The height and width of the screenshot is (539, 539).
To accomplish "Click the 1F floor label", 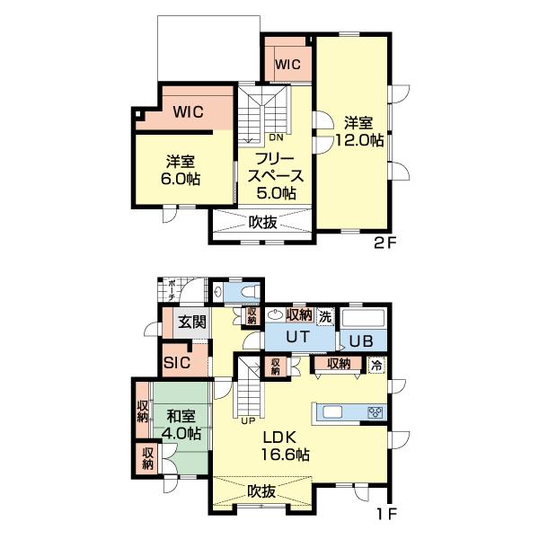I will [x=384, y=515].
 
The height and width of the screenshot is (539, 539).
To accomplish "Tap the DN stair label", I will [x=276, y=138].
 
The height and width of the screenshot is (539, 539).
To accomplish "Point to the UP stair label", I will [x=248, y=420].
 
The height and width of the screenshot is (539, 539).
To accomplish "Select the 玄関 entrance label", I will [x=190, y=323].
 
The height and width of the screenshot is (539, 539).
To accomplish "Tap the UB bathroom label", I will [x=361, y=340].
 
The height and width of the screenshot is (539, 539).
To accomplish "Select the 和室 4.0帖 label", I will [x=181, y=425].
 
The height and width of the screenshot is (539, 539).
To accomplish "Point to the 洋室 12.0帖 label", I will [x=358, y=132].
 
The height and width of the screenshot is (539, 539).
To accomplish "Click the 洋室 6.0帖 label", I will [x=181, y=170].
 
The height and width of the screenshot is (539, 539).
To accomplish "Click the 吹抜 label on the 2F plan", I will [x=262, y=222].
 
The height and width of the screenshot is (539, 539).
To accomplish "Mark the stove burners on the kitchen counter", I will [x=376, y=412].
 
